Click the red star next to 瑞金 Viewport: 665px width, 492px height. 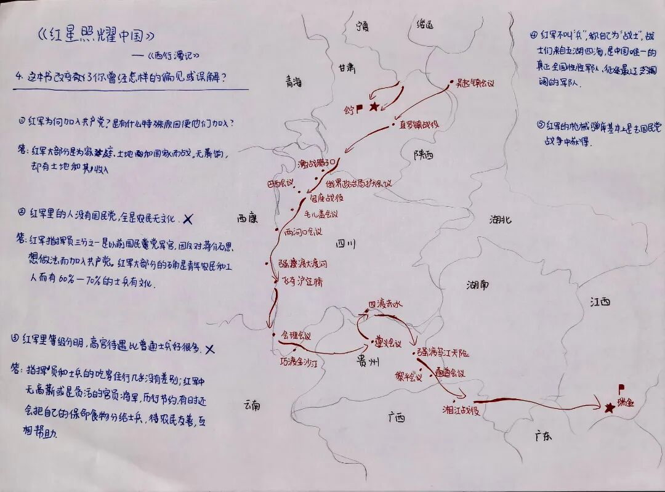(610, 408)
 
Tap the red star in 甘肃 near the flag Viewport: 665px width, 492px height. (374, 107)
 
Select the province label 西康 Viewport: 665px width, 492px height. (246, 218)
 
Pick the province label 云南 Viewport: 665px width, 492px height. (252, 405)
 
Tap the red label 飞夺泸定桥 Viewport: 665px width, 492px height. (302, 281)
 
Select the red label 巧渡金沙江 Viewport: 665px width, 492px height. (298, 363)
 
